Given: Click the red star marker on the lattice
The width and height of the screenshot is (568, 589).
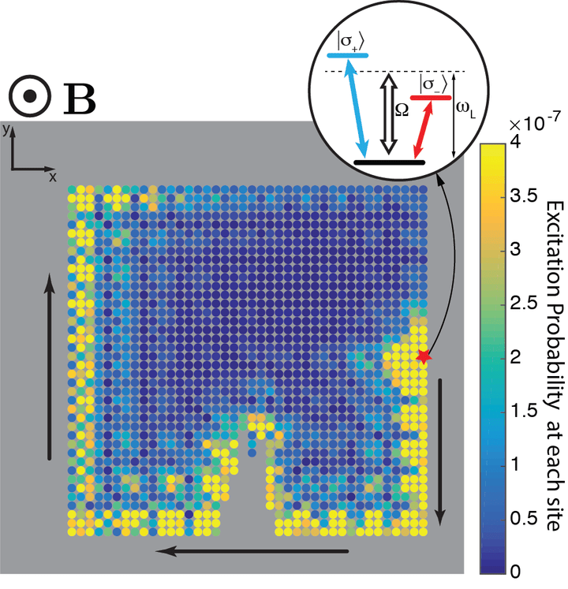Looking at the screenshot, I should pyautogui.click(x=424, y=356).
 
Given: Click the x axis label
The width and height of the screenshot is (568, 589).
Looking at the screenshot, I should pyautogui.click(x=54, y=177).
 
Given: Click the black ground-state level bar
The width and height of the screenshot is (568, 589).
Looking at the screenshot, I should pyautogui.click(x=390, y=162).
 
